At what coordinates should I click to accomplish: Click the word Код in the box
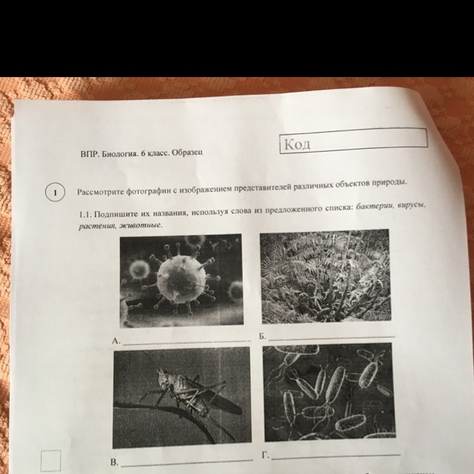[x=298, y=144]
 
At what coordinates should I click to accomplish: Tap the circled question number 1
[x=55, y=193]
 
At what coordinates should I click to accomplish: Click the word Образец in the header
[x=187, y=153]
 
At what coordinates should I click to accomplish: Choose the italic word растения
[x=97, y=227]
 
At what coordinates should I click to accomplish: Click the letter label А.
[x=116, y=341]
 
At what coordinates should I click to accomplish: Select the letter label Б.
[x=262, y=336]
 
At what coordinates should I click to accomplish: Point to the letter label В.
[x=114, y=462]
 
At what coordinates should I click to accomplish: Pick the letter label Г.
[x=266, y=455]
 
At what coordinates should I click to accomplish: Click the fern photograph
[x=326, y=276]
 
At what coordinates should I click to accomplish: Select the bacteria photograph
[x=329, y=392]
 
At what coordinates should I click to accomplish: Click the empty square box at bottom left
[x=51, y=461]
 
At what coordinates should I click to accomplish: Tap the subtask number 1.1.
[x=85, y=215]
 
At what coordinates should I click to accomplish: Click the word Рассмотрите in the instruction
[x=100, y=192]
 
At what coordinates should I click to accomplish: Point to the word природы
[x=390, y=183]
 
